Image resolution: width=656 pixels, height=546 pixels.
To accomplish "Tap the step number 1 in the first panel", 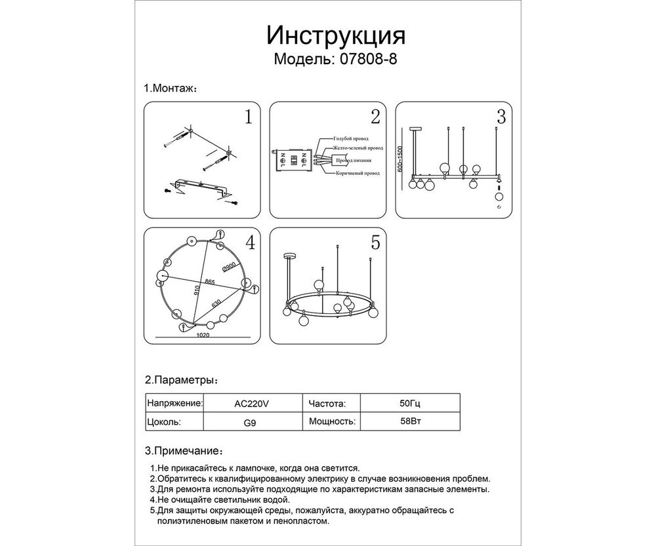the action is pos(248,117).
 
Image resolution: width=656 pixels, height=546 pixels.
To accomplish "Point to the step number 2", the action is pos(375,117).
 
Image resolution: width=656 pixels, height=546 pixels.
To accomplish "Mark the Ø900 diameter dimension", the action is pos(229,267).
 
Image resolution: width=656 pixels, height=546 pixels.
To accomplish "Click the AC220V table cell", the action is pos(252,404).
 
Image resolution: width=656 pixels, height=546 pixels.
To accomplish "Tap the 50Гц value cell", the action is pos(407,404).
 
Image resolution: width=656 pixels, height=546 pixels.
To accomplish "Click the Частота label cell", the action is pos(326,404).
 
